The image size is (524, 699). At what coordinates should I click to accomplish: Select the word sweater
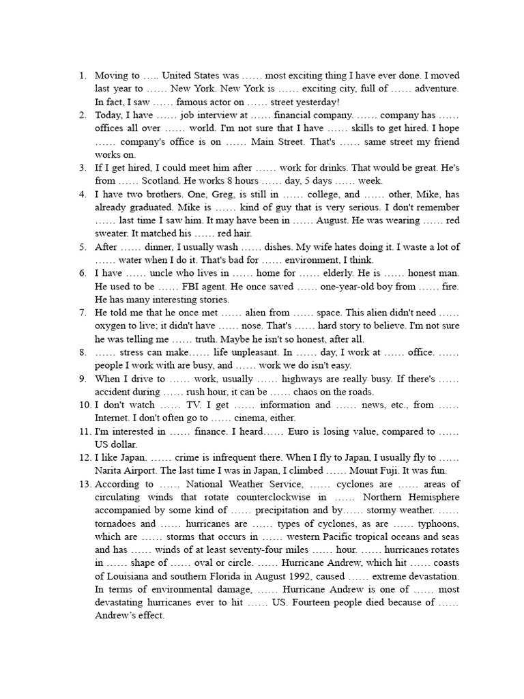point(111,233)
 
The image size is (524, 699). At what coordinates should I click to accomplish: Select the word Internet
point(111,418)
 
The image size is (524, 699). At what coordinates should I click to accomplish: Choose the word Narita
point(110,470)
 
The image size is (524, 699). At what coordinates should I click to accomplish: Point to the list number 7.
point(83,313)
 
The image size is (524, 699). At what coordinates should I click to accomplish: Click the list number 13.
point(85,484)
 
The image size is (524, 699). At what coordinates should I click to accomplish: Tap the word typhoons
point(437,524)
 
